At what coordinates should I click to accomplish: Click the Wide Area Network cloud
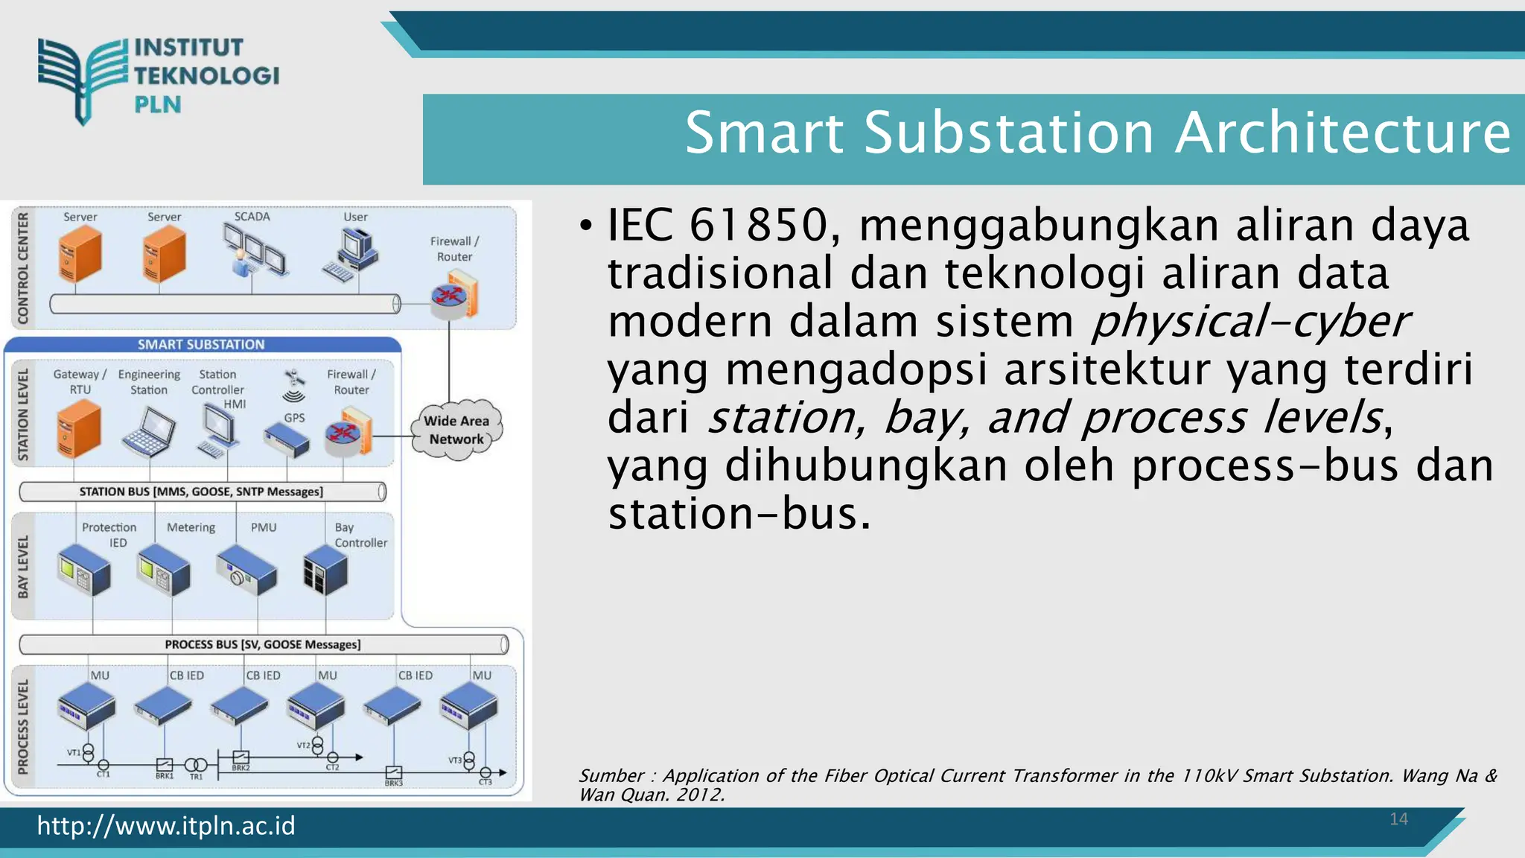[456, 430]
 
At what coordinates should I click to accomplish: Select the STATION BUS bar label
[201, 492]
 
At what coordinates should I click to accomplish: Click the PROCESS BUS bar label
[262, 644]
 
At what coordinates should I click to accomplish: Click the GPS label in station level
[295, 418]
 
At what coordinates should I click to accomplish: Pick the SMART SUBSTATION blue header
[201, 345]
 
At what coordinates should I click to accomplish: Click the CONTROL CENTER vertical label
[23, 268]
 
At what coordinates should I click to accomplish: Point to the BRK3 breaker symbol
[394, 772]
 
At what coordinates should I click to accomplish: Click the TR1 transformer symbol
[196, 765]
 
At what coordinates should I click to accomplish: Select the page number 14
[1398, 819]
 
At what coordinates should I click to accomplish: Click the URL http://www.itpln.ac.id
[166, 826]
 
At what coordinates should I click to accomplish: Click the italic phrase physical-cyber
[1249, 322]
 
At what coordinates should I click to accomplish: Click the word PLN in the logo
[158, 105]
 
